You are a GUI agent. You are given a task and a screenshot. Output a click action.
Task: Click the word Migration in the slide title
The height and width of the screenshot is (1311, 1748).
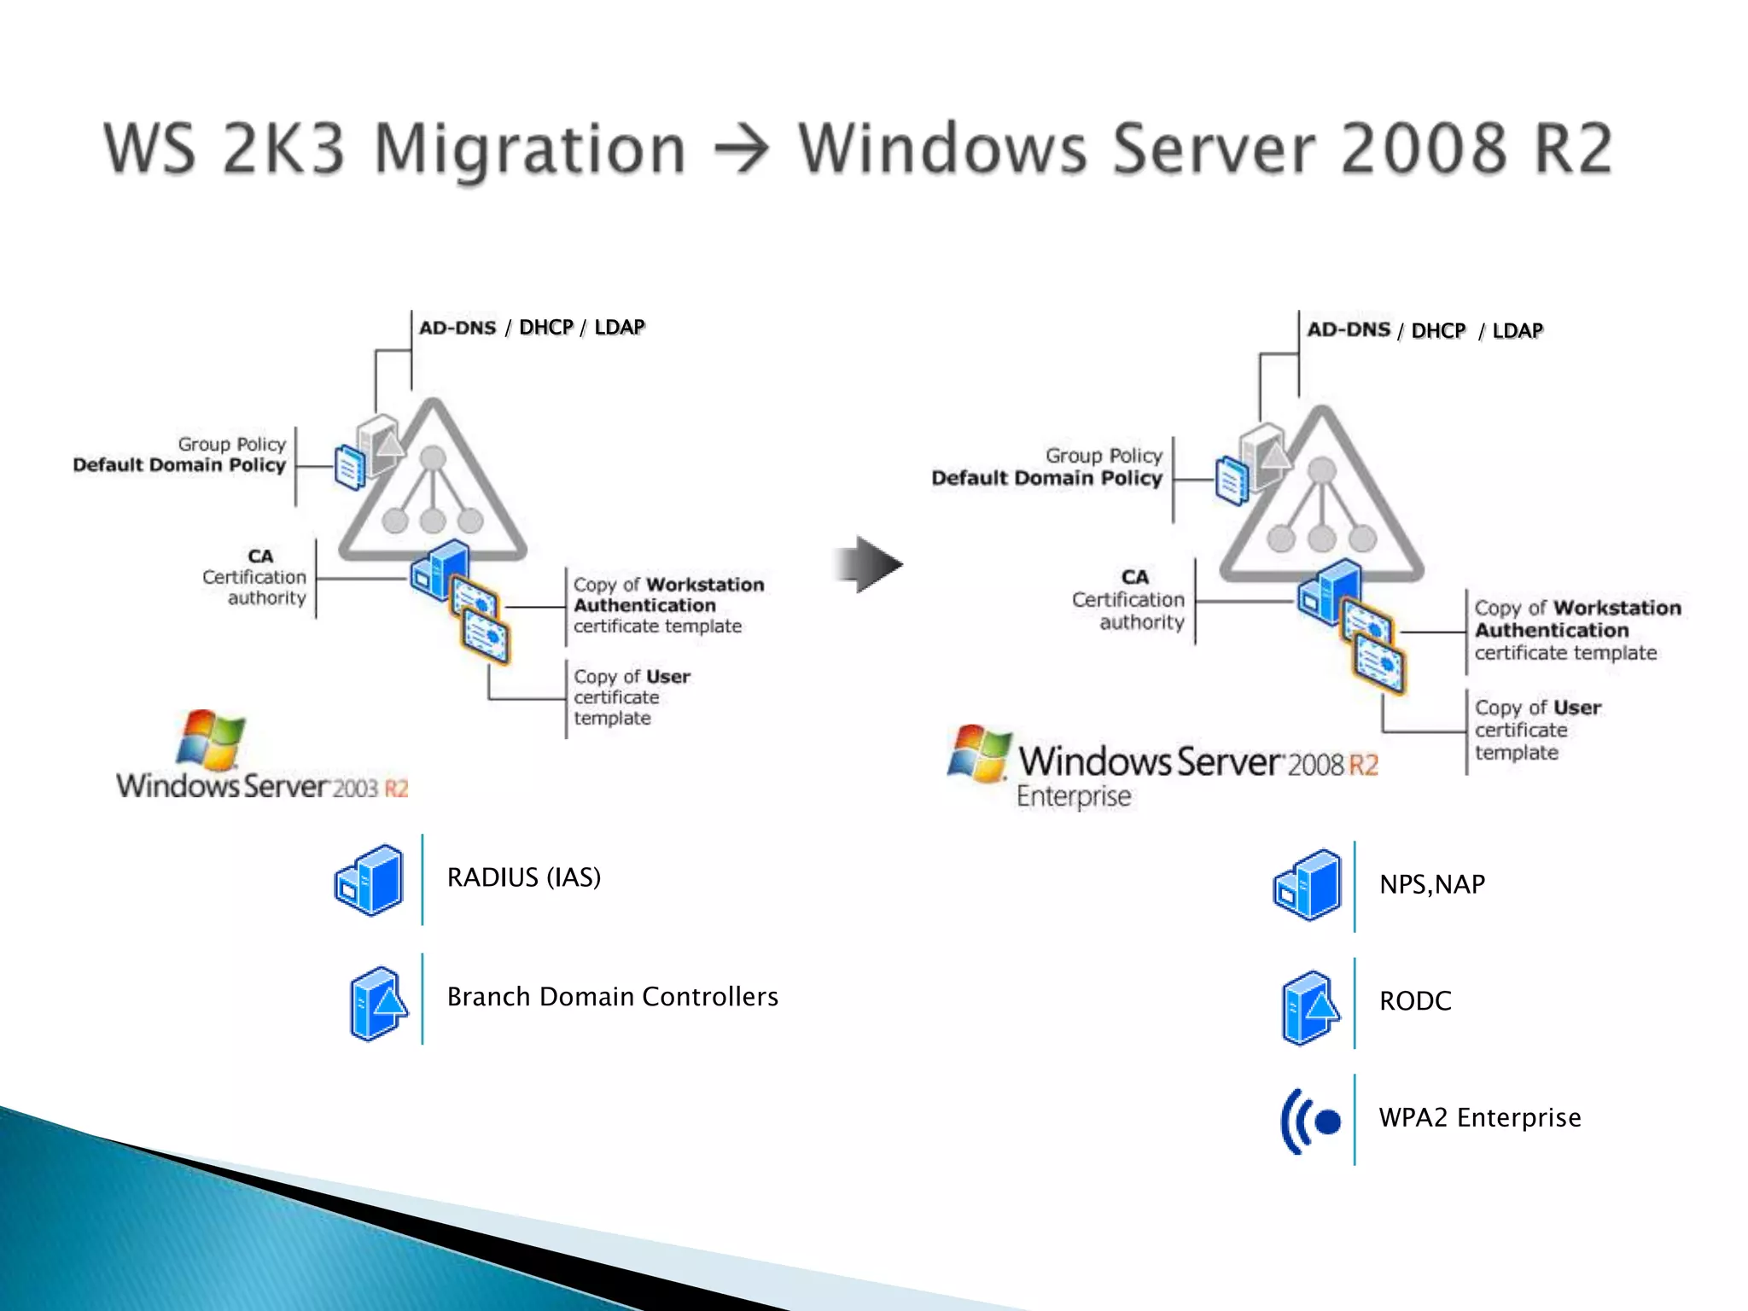[x=529, y=149]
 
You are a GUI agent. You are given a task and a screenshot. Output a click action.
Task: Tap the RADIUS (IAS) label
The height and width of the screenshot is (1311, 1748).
[x=523, y=877]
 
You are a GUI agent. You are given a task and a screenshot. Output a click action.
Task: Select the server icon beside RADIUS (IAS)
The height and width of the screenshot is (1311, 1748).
[x=369, y=880]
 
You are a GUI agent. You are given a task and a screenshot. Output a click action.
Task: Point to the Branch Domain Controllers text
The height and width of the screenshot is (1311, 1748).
[x=612, y=997]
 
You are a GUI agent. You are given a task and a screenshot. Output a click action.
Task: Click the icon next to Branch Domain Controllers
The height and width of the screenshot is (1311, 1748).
[x=377, y=1004]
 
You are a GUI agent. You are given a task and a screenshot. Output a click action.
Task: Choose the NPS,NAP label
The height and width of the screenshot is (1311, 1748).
[x=1431, y=884]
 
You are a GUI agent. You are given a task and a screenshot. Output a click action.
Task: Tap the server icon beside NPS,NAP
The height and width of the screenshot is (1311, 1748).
[x=1307, y=885]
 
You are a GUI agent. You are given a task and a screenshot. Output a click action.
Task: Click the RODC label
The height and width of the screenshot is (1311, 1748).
[x=1414, y=1001]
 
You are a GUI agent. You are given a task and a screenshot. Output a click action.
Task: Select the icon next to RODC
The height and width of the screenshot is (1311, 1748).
[x=1310, y=1008]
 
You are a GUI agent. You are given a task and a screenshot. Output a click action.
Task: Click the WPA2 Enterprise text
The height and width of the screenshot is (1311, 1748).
[x=1479, y=1118]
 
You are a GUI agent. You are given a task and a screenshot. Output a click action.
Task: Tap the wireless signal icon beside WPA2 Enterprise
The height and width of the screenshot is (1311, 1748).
[x=1310, y=1122]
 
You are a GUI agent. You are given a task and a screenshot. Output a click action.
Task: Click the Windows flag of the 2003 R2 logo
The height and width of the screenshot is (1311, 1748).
[x=210, y=739]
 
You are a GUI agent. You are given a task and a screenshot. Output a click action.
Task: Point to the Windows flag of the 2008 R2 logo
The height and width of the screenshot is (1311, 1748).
[x=980, y=753]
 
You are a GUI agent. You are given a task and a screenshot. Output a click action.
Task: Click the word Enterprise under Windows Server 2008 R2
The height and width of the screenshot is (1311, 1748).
[x=1073, y=796]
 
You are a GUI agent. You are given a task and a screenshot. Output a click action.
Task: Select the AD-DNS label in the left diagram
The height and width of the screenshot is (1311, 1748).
[x=457, y=328]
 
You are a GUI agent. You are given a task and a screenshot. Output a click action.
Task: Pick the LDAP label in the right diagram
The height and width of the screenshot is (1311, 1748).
[x=1517, y=331]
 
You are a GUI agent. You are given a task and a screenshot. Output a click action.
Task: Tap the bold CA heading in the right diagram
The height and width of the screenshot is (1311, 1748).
[x=1134, y=578]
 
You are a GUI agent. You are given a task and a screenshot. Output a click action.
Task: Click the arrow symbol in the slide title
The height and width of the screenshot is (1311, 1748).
[x=741, y=150]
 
